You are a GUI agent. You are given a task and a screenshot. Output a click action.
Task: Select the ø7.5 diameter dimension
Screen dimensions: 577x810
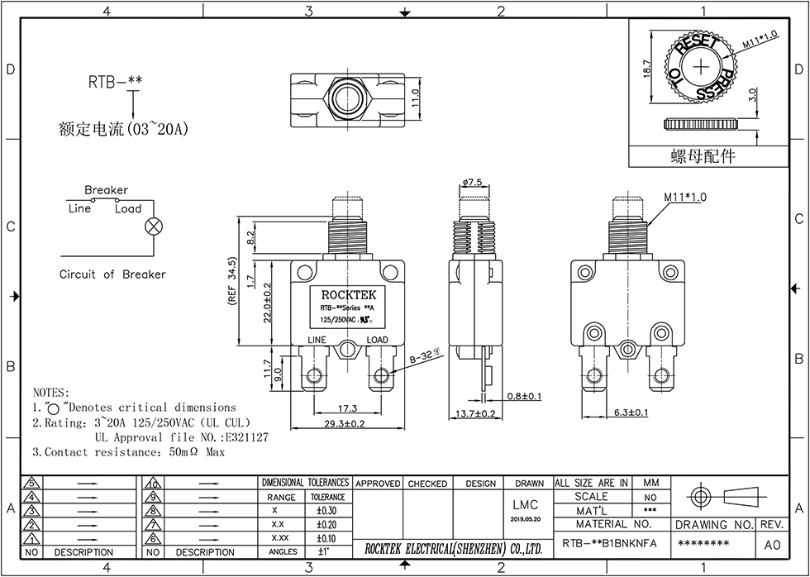(x=472, y=183)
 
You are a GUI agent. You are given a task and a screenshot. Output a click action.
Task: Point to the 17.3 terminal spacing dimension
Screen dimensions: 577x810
(x=347, y=408)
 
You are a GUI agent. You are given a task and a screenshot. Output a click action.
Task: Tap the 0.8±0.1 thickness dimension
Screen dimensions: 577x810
(x=524, y=397)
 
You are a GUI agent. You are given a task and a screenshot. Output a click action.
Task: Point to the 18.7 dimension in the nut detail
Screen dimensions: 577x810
(x=647, y=68)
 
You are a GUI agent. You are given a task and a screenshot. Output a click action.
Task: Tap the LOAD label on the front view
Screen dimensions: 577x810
(x=377, y=340)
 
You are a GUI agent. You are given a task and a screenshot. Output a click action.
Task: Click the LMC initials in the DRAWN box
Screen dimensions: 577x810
(x=526, y=505)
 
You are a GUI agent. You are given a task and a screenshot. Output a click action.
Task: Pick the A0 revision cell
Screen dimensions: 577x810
(x=772, y=545)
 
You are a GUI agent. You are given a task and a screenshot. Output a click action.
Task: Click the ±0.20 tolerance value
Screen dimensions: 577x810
(x=327, y=524)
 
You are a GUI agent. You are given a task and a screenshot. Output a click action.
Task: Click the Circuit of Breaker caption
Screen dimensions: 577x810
(x=112, y=274)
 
